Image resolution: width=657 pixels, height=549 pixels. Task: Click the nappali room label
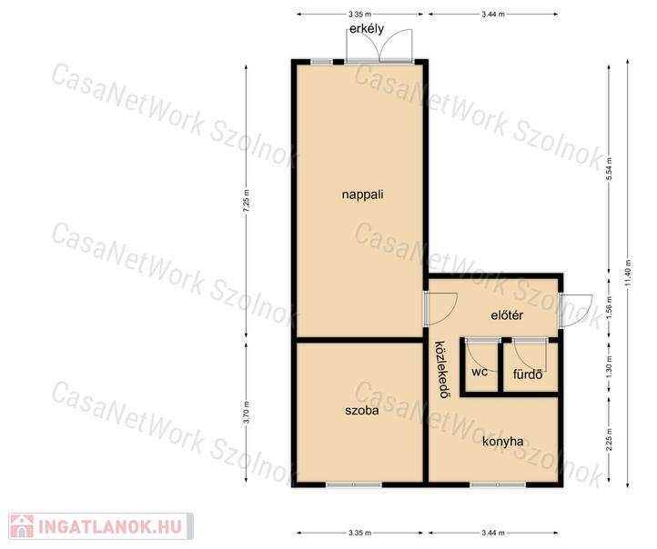coord(362,195)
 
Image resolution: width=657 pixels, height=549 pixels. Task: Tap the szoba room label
coord(361,410)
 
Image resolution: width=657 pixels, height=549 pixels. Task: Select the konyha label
coord(503,442)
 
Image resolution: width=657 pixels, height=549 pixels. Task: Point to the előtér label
coord(507,315)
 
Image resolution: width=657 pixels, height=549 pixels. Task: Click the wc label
coord(480,372)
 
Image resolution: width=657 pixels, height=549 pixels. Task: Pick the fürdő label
coord(528,374)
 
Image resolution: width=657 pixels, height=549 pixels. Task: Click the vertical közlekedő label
coord(440,370)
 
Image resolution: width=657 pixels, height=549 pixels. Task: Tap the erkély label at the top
coord(367,29)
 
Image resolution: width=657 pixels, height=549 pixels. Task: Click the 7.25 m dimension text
coord(247,202)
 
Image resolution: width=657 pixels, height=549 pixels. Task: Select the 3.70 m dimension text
coord(247,413)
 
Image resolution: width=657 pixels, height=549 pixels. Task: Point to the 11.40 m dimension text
coord(627,274)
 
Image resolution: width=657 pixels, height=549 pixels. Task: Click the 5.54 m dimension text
coord(610,169)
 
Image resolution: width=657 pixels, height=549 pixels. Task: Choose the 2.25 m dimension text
coord(610,439)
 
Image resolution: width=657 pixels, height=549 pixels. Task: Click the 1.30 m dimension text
coord(610,364)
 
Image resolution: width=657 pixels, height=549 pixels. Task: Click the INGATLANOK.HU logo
coord(101,526)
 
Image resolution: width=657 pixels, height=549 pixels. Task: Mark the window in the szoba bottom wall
coord(354,485)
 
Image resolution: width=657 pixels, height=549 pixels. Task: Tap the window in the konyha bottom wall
coord(498,485)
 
